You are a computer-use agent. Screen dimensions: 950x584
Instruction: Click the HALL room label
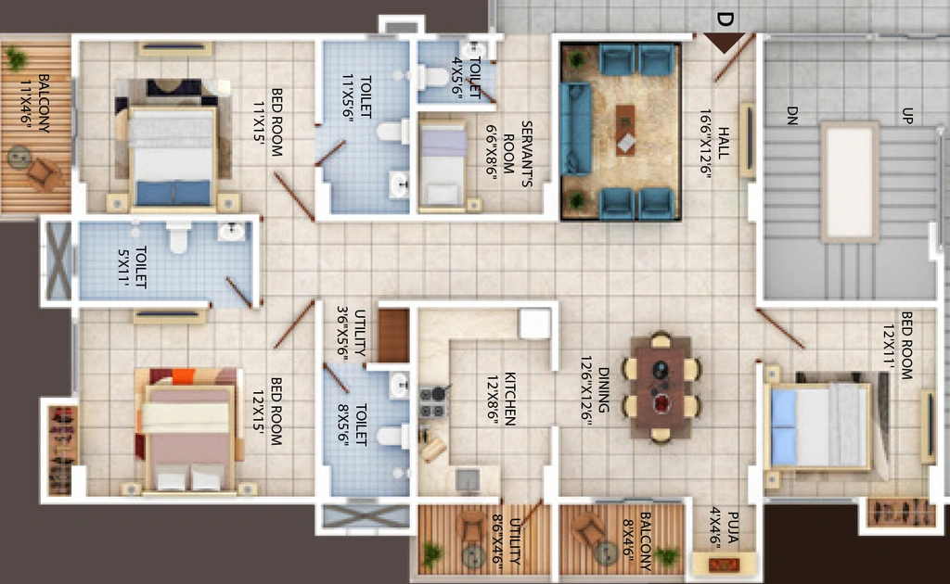pyautogui.click(x=724, y=143)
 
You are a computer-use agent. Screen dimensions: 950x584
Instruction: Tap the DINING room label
pyautogui.click(x=603, y=389)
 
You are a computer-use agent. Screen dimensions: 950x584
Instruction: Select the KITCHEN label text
pyautogui.click(x=509, y=399)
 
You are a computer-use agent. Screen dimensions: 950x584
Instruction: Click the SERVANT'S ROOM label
pyautogui.click(x=518, y=154)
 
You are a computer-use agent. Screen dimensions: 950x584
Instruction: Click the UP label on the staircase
pyautogui.click(x=907, y=116)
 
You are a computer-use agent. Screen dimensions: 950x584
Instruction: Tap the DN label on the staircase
pyautogui.click(x=792, y=115)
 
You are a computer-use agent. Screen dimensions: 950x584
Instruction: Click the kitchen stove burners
pyautogui.click(x=432, y=402)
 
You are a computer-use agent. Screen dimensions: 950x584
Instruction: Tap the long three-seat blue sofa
pyautogui.click(x=575, y=130)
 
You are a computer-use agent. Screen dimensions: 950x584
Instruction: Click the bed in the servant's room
pyautogui.click(x=443, y=167)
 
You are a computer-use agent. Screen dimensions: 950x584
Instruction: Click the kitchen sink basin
pyautogui.click(x=468, y=479)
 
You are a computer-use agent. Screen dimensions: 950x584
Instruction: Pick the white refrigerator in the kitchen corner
pyautogui.click(x=535, y=324)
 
